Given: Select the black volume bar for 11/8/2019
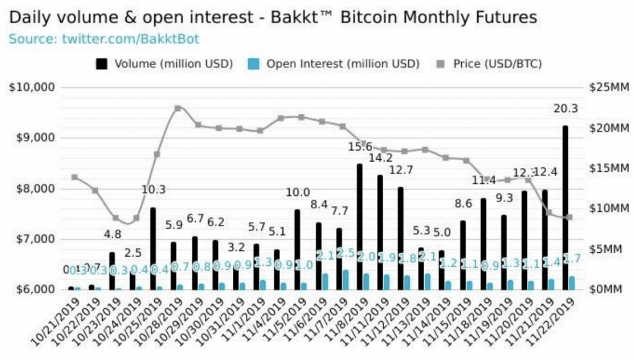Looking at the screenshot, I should pos(359,227).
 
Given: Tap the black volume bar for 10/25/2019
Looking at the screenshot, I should pos(153,248).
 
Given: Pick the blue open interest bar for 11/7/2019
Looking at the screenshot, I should pos(345,279).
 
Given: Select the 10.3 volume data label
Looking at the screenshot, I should pos(153,190).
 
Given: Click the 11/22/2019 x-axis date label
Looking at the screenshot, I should pos(553,325).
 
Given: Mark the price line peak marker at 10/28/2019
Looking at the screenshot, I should pos(178,108).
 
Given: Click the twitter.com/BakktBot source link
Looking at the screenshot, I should pos(130,39).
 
